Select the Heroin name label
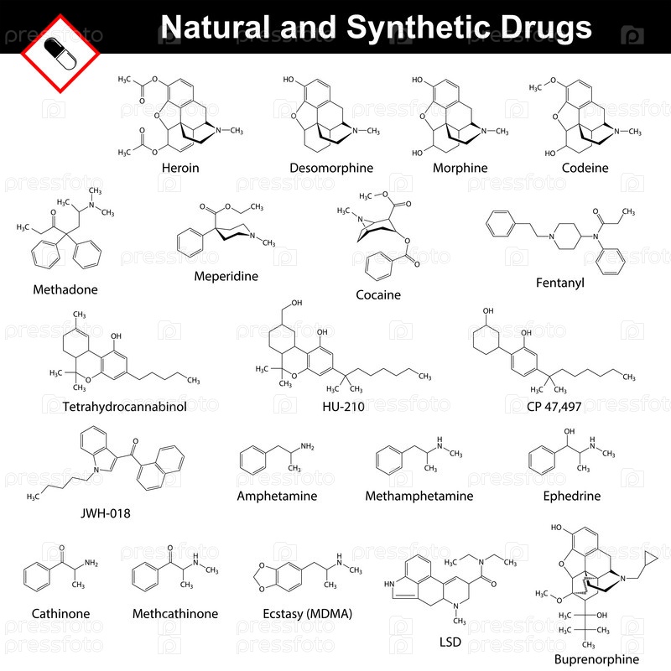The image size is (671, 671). [x=180, y=168]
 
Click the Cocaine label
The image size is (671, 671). [x=377, y=294]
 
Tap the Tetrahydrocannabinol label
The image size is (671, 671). [x=124, y=407]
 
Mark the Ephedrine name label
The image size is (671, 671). [x=572, y=496]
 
